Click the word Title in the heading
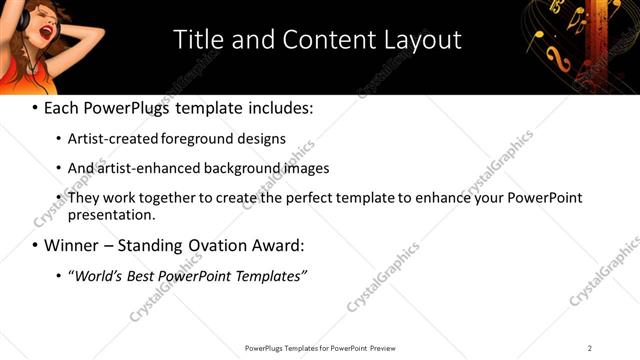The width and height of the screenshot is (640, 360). point(198,40)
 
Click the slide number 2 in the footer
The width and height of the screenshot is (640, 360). point(590,348)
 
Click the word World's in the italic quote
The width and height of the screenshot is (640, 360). point(98,275)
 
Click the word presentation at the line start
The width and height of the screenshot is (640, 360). point(111,214)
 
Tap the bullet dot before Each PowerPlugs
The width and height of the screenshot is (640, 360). point(36,108)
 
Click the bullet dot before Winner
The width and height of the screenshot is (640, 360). point(36,245)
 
